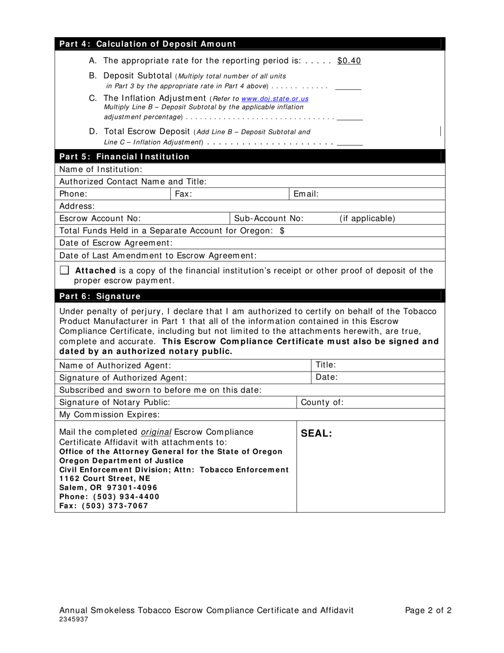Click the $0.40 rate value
point(349,61)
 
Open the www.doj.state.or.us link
point(274,99)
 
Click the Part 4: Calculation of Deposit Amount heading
point(147,44)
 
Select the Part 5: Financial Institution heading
point(124,157)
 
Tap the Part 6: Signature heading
point(100,296)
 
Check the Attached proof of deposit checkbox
point(64,270)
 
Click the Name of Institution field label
point(101,169)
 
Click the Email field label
point(306,194)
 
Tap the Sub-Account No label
point(268,219)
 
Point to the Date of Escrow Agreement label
point(116,243)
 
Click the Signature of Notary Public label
point(115,402)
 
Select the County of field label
point(322,402)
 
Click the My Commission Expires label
point(109,415)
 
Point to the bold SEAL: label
point(316,434)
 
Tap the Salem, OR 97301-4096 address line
point(108,487)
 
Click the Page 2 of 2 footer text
point(428,611)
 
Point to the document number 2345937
point(74,620)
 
